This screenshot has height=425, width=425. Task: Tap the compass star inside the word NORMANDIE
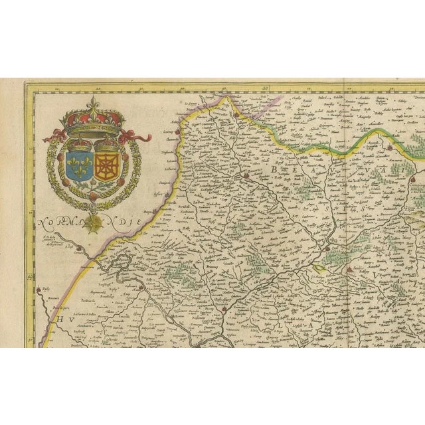pyautogui.click(x=97, y=223)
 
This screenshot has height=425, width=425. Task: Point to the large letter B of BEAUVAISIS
pyautogui.click(x=274, y=171)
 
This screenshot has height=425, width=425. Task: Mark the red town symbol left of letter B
pyautogui.click(x=246, y=176)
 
